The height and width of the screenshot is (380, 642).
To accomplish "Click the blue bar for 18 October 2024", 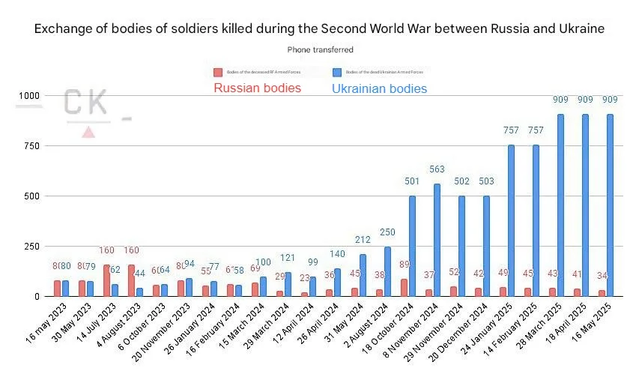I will (412, 246).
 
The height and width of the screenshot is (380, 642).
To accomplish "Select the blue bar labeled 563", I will (437, 240).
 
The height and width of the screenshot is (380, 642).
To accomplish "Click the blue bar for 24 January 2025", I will (512, 220).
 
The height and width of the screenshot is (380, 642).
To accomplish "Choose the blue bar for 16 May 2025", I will (611, 205).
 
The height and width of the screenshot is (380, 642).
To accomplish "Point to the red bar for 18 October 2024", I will (404, 288).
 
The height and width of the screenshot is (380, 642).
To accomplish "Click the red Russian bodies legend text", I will (257, 88).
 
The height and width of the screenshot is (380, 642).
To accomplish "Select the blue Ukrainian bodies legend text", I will (379, 88).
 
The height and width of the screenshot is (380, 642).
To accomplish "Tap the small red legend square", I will (218, 73).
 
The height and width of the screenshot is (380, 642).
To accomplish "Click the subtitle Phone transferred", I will (321, 49).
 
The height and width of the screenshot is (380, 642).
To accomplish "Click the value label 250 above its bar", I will (387, 233).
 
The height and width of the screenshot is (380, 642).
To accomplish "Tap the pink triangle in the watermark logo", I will (88, 133).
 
